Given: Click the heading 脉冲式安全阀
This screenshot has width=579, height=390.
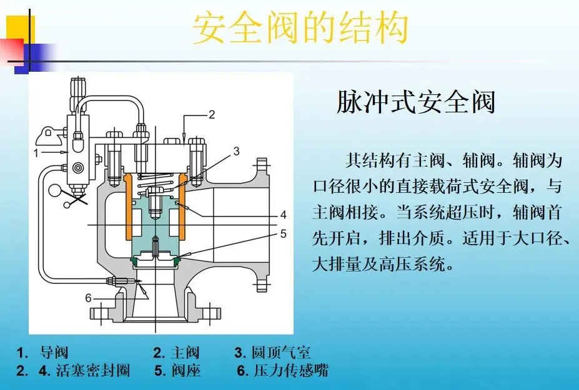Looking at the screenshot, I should tap(415, 102).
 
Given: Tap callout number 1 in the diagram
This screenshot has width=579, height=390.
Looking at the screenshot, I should tap(36, 152).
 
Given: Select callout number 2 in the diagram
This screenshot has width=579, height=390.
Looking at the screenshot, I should tap(212, 115).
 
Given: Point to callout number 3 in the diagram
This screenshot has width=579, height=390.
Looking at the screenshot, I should tap(236, 150).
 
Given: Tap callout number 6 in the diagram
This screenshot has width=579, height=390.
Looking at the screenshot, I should tap(88, 298).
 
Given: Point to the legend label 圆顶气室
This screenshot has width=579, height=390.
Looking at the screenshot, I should tap(280, 353).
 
